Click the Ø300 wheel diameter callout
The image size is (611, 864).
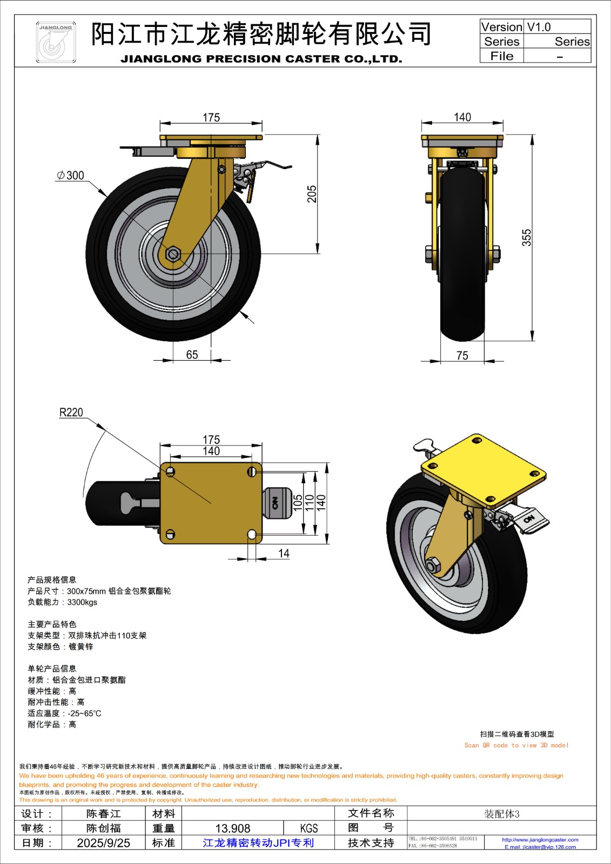71,175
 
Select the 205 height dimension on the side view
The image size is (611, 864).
312,194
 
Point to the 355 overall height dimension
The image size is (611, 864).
526,238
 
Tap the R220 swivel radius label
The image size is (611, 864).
71,413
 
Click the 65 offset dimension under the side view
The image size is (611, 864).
192,355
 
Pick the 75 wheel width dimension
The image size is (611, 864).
462,355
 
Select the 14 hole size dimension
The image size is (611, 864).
284,553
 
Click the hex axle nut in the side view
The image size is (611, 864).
173,253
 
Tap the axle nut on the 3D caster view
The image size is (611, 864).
433,566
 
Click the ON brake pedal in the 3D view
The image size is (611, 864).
529,520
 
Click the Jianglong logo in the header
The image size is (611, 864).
55,42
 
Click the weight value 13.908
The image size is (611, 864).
233,828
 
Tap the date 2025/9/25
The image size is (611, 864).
103,843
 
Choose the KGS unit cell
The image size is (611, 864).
309,828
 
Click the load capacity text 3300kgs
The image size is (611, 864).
82,602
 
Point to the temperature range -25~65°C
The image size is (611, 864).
84,713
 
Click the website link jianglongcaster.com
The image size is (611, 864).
540,840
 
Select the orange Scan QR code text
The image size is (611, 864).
516,745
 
